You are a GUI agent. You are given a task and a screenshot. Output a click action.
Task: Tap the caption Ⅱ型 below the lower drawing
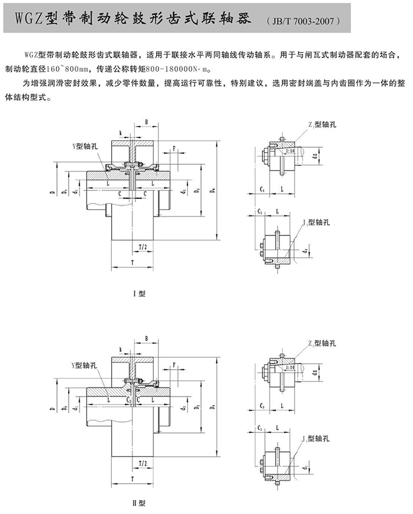140,503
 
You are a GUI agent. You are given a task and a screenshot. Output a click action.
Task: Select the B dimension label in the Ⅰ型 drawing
146,122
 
